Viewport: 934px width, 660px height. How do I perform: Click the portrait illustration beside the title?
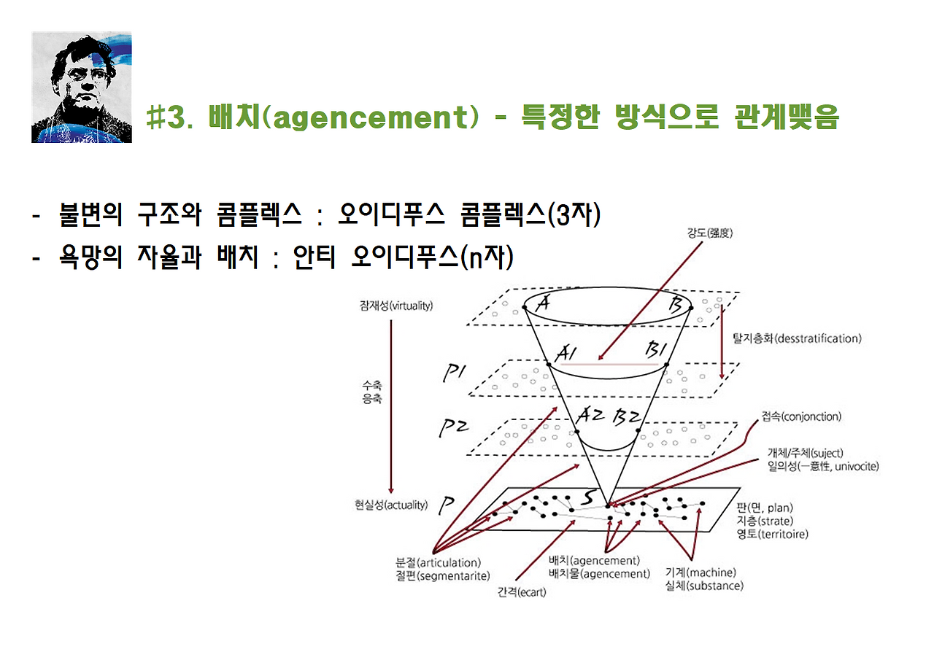[x=81, y=88]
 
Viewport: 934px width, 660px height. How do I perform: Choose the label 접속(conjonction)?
[x=800, y=417]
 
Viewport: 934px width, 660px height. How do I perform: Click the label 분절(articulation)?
[x=438, y=563]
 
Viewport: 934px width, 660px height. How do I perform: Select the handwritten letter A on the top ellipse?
[x=541, y=303]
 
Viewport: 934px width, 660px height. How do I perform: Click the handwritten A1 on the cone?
[x=567, y=354]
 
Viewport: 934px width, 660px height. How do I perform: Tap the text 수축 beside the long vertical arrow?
[x=371, y=387]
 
